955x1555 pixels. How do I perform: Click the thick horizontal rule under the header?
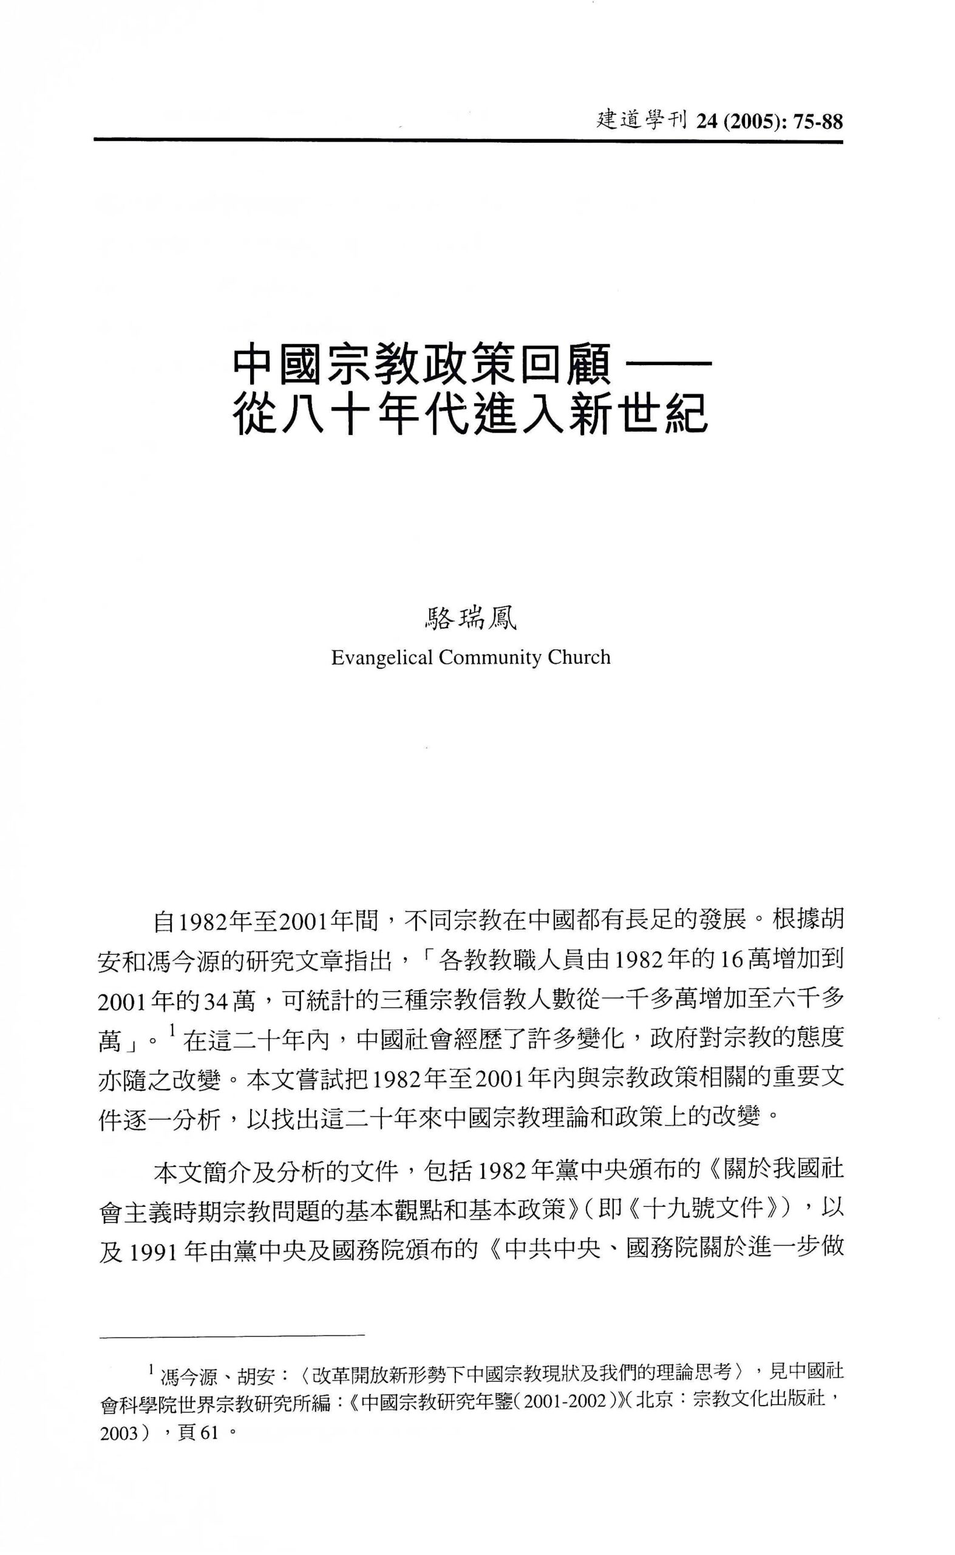click(x=468, y=140)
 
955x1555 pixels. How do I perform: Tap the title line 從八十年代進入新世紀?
click(x=469, y=414)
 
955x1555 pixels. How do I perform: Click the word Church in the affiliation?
click(x=579, y=658)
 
